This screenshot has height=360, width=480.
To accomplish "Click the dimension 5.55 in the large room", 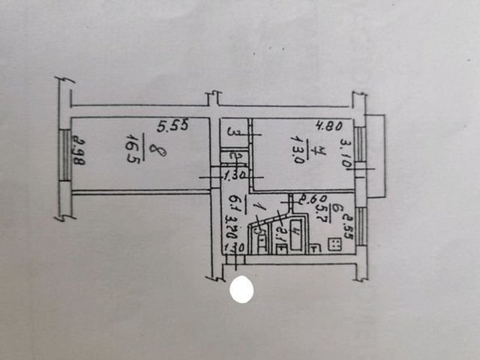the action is point(172,128).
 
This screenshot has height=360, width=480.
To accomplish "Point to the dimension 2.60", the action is point(310,199).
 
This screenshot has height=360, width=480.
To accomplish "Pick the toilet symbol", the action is point(259,232).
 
